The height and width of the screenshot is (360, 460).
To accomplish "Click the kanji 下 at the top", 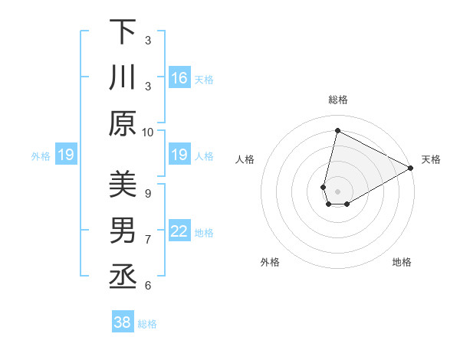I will click(x=123, y=32).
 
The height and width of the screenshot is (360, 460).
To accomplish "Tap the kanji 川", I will click(x=123, y=78).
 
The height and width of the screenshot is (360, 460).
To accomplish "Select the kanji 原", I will click(x=123, y=124).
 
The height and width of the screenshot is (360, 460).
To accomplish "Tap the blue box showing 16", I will click(x=179, y=78).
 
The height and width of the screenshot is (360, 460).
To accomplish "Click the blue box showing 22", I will click(x=179, y=231).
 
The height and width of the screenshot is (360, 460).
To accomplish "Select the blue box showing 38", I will click(x=123, y=322).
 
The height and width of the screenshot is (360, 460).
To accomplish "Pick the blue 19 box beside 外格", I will click(x=65, y=155).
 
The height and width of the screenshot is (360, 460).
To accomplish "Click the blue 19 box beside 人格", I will click(x=179, y=155).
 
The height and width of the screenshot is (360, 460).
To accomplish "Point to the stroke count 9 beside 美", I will click(x=148, y=193).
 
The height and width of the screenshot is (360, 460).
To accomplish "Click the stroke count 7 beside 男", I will click(x=148, y=240).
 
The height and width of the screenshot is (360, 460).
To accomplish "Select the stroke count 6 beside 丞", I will click(x=148, y=286).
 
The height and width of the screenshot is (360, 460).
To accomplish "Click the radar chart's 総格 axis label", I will click(x=337, y=100).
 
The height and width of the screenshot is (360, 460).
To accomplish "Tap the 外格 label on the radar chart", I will click(x=270, y=262).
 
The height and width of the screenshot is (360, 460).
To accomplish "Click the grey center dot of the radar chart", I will click(x=337, y=191).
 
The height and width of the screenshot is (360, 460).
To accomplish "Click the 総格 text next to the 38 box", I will click(x=147, y=324).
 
